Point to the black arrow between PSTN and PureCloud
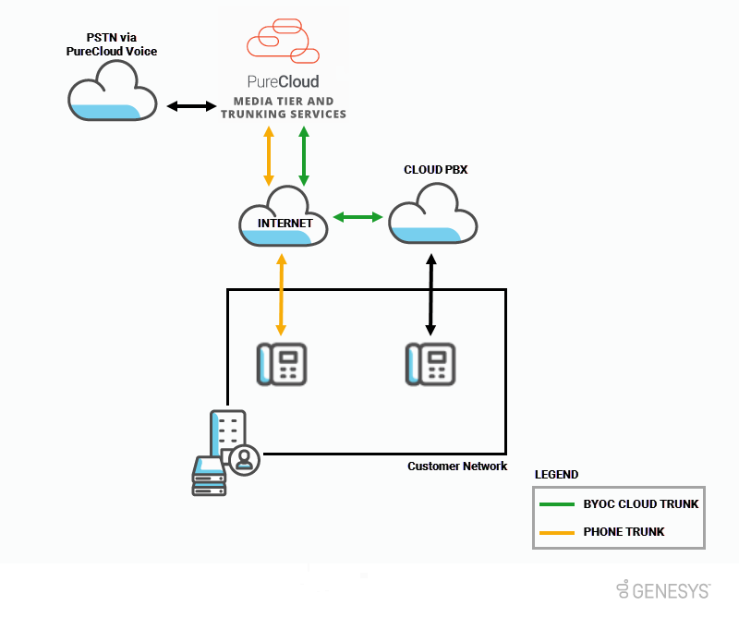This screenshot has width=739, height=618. point(190,107)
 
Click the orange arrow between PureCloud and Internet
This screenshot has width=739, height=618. point(269,155)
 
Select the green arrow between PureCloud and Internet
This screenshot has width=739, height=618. point(302,155)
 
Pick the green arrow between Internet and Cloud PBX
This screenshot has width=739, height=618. point(357,217)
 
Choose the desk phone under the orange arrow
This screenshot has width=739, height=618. point(281,364)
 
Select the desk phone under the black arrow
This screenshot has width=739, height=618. point(430,364)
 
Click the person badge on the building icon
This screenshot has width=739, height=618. point(245,459)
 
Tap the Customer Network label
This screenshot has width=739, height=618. point(457,467)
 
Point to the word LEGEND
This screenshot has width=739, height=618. point(556,475)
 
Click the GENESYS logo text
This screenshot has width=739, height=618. point(672,588)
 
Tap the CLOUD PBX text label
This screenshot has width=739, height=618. point(436,170)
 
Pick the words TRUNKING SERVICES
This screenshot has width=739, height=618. point(283,115)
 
